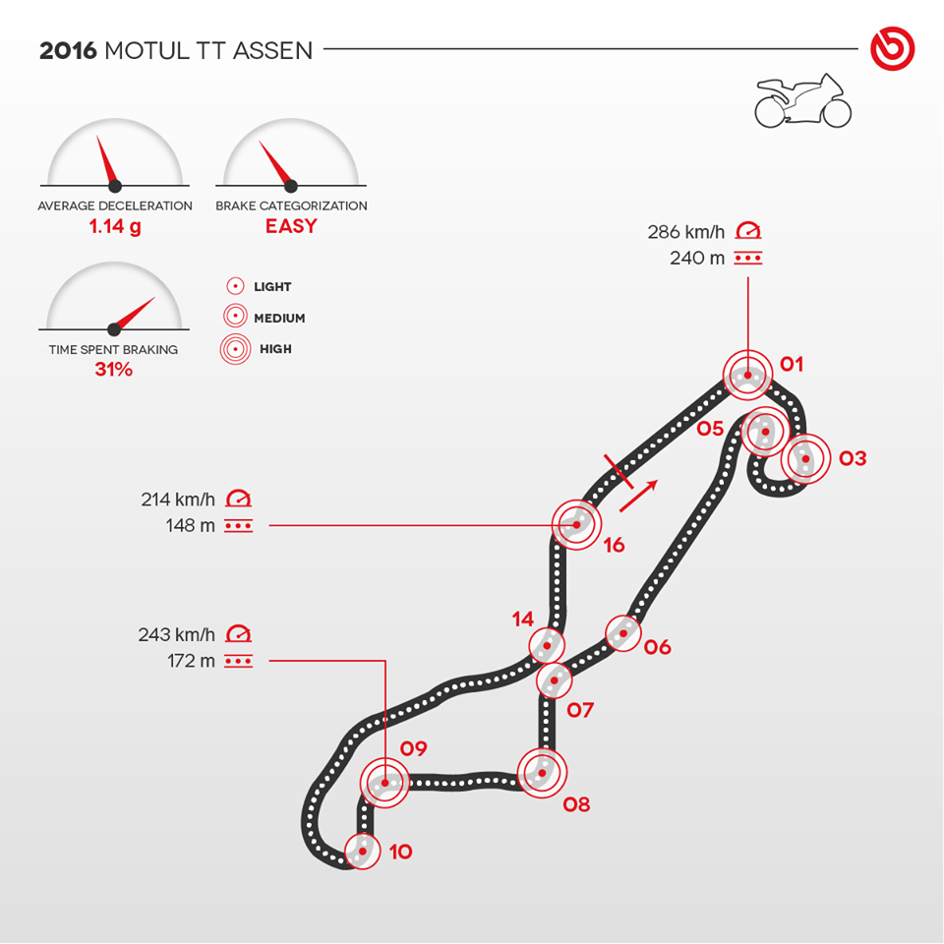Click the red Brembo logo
pos(892,49)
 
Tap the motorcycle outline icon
pos(803,101)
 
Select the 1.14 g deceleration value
pos(115,227)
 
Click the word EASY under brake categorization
pos(291,226)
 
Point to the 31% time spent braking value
pos(114,369)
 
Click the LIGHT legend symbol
pos(235,286)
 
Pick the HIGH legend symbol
pos(235,349)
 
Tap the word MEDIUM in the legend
pos(279,318)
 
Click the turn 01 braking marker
pos(747,375)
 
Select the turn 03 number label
pos(853,458)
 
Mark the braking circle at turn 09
pos(384,783)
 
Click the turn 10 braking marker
pos(363,852)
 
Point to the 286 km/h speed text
pos(686,232)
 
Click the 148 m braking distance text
pos(190,525)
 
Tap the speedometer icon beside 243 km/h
pos(238,633)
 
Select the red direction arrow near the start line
pos(639,496)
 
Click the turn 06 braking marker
pos(623,633)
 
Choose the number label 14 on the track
pos(523,619)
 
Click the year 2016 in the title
pos(68,51)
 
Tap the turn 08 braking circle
pos(542,773)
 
